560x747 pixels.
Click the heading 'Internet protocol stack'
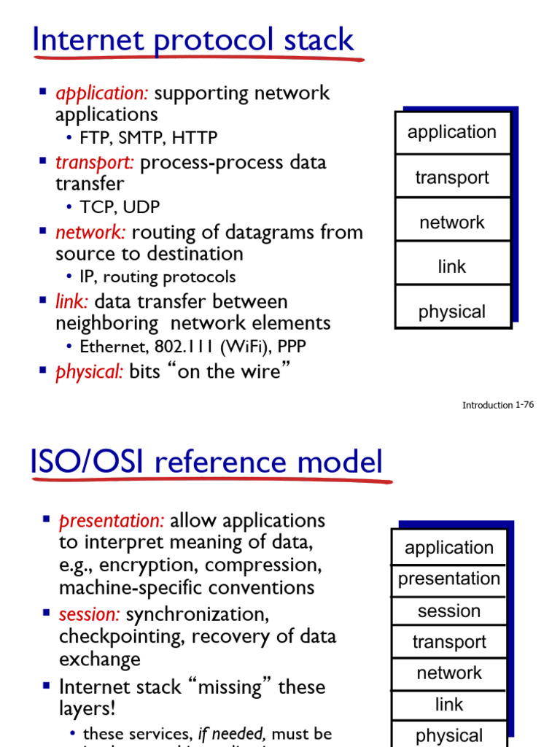point(193,40)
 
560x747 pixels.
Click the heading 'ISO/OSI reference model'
point(206,462)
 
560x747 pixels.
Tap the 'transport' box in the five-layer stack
point(452,177)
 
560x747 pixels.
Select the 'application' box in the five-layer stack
point(452,132)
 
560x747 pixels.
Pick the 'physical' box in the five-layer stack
point(452,311)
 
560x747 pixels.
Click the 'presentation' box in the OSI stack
point(449,579)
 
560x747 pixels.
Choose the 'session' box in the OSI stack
point(449,611)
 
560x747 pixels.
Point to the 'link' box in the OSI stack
point(449,705)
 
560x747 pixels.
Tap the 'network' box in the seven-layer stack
point(449,673)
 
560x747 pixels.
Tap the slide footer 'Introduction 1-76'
point(497,405)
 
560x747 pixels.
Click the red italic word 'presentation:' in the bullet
point(112,521)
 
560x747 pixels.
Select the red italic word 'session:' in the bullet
point(90,614)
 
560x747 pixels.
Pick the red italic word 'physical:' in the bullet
point(90,372)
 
